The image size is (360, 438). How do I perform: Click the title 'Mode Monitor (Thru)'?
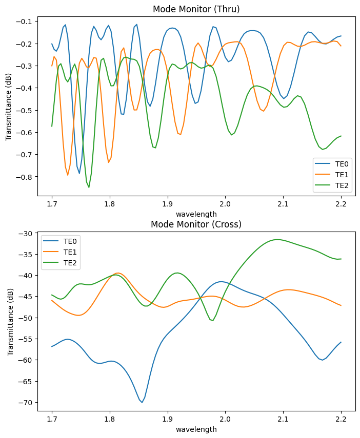[196, 9]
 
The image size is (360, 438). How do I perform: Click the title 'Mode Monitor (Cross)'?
[196, 224]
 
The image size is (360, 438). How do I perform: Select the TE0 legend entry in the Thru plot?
[342, 164]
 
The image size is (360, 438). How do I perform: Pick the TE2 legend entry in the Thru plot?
[342, 185]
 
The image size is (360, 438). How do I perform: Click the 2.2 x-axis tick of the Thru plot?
[341, 204]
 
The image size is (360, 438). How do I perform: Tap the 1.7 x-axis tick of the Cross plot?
[52, 420]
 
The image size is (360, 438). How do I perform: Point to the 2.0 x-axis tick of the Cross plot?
[225, 420]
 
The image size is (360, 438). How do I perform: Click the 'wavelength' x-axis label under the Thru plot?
[196, 214]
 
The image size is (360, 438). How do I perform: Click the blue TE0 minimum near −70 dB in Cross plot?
[142, 402]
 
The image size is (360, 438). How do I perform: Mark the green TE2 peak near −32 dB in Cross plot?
[277, 239]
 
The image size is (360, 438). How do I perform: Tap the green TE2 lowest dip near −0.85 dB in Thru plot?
[89, 187]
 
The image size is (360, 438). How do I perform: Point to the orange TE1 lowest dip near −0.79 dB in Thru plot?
[68, 175]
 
